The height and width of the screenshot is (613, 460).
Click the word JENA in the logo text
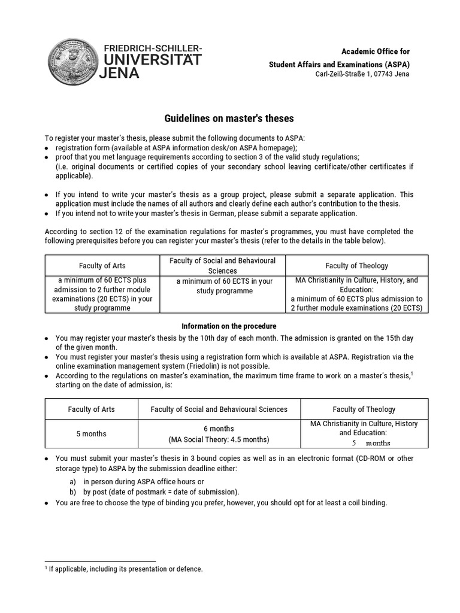pos(122,74)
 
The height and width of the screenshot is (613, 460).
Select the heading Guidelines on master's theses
pos(229,119)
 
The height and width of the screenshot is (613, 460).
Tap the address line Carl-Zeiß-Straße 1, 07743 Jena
pos(362,74)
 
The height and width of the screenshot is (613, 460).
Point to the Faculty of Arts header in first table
pos(102,266)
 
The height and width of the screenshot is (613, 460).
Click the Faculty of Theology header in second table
pos(364,409)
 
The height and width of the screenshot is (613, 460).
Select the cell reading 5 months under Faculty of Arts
pos(91,434)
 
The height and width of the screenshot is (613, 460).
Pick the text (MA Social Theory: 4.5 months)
pos(219,439)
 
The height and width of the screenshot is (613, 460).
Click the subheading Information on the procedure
pos(229,326)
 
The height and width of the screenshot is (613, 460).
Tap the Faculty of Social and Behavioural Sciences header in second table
pos(219,409)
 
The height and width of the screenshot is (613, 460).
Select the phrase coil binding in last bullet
pos(367,503)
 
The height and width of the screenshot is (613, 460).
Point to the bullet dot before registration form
pos(47,148)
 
